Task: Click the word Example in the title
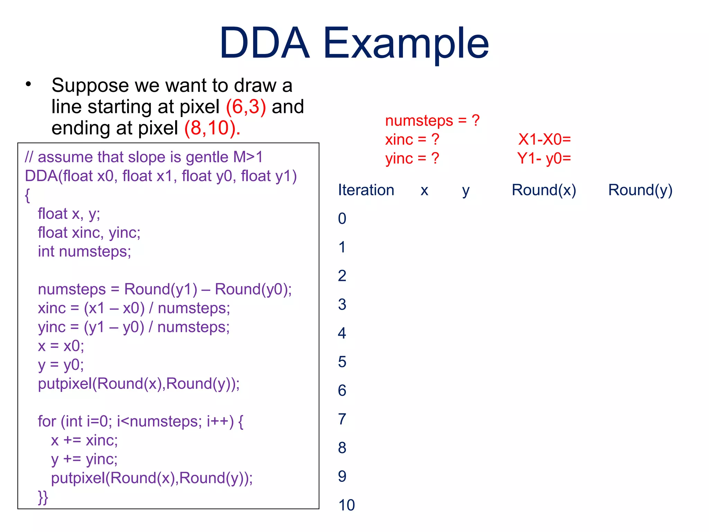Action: click(406, 43)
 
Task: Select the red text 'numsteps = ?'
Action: click(432, 121)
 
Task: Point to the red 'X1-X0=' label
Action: click(544, 140)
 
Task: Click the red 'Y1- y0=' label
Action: click(544, 159)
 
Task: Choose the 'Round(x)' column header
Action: click(544, 190)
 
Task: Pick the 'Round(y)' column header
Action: click(640, 190)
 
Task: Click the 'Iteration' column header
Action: click(366, 190)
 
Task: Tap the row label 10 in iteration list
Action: click(347, 505)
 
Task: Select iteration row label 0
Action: click(342, 219)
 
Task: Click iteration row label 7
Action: click(342, 419)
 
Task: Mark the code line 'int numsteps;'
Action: click(84, 251)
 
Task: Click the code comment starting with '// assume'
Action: click(144, 157)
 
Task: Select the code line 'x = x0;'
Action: click(61, 346)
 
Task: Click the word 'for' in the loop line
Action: click(47, 422)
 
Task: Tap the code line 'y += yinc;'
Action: click(84, 459)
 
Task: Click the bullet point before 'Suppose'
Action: click(28, 84)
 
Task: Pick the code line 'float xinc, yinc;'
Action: click(89, 233)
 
